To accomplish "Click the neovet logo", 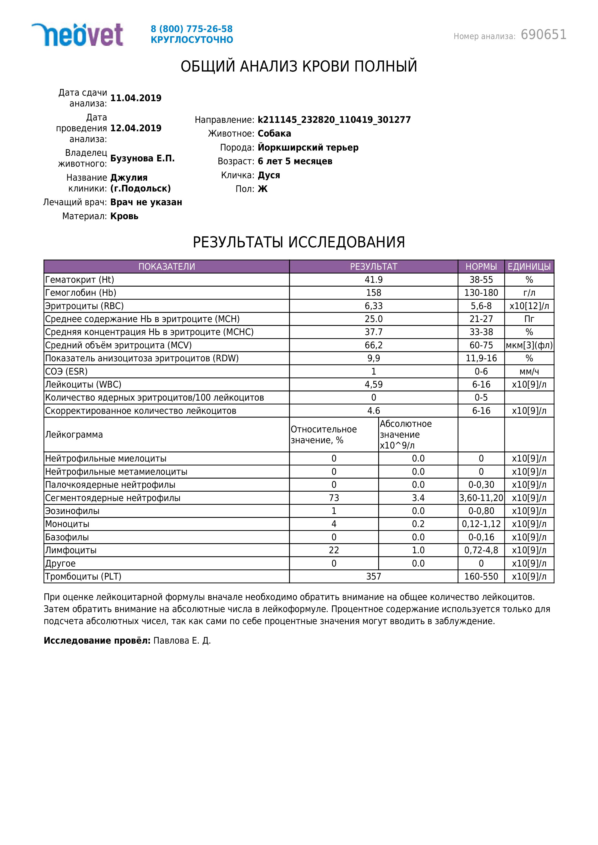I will click(x=77, y=35).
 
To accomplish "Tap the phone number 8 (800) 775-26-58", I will click(x=191, y=29).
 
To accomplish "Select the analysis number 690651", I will click(x=544, y=35).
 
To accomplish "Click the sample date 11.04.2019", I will click(x=136, y=98).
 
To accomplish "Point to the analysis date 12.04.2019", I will click(x=136, y=128).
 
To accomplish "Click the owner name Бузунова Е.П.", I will click(x=142, y=158).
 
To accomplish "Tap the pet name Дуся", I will click(x=269, y=175).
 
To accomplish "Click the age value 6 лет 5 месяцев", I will click(x=295, y=161).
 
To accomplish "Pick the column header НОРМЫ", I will click(x=481, y=266).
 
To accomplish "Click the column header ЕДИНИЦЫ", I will click(x=529, y=266).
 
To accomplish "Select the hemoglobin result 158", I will click(x=373, y=293).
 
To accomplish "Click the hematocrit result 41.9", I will click(x=373, y=280).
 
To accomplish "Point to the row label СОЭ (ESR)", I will click(x=66, y=371).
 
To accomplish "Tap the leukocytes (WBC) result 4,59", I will click(x=373, y=385).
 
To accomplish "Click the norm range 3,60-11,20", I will click(x=481, y=498).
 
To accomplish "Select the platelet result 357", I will click(x=373, y=576).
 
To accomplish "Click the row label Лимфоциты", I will click(x=71, y=550).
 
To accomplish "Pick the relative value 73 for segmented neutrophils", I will click(x=334, y=498).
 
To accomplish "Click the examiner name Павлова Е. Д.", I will click(x=182, y=641).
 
